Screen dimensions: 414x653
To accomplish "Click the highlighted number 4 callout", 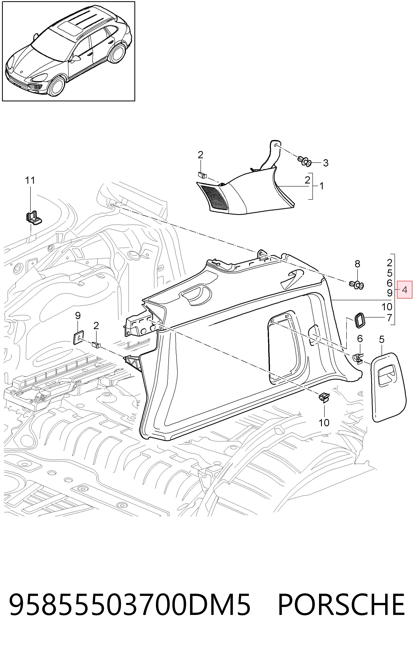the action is (405, 290).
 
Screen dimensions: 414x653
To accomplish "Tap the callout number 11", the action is (30, 180).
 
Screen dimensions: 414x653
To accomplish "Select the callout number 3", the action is (326, 163).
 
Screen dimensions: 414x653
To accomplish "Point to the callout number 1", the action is (321, 186).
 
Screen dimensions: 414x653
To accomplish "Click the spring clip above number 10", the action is (323, 398).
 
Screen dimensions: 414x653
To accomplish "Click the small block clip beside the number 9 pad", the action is (97, 345).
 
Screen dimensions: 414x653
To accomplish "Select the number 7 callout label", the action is (389, 317).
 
